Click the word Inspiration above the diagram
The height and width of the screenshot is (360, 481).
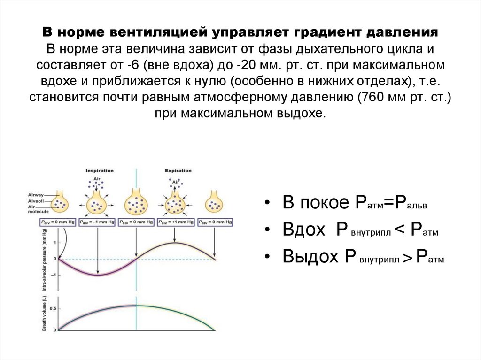pyautogui.click(x=99, y=171)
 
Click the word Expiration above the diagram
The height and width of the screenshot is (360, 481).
pyautogui.click(x=178, y=171)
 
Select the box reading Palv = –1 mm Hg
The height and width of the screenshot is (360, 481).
pyautogui.click(x=97, y=222)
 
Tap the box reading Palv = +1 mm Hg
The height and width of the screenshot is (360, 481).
pyautogui.click(x=176, y=222)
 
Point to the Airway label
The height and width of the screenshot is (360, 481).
pyautogui.click(x=36, y=193)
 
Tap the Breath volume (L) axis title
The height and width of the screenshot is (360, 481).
pyautogui.click(x=45, y=314)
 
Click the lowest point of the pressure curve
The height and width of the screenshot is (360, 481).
pyautogui.click(x=97, y=275)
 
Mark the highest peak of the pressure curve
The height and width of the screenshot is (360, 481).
pyautogui.click(x=176, y=242)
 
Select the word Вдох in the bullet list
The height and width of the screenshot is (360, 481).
pyautogui.click(x=304, y=230)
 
